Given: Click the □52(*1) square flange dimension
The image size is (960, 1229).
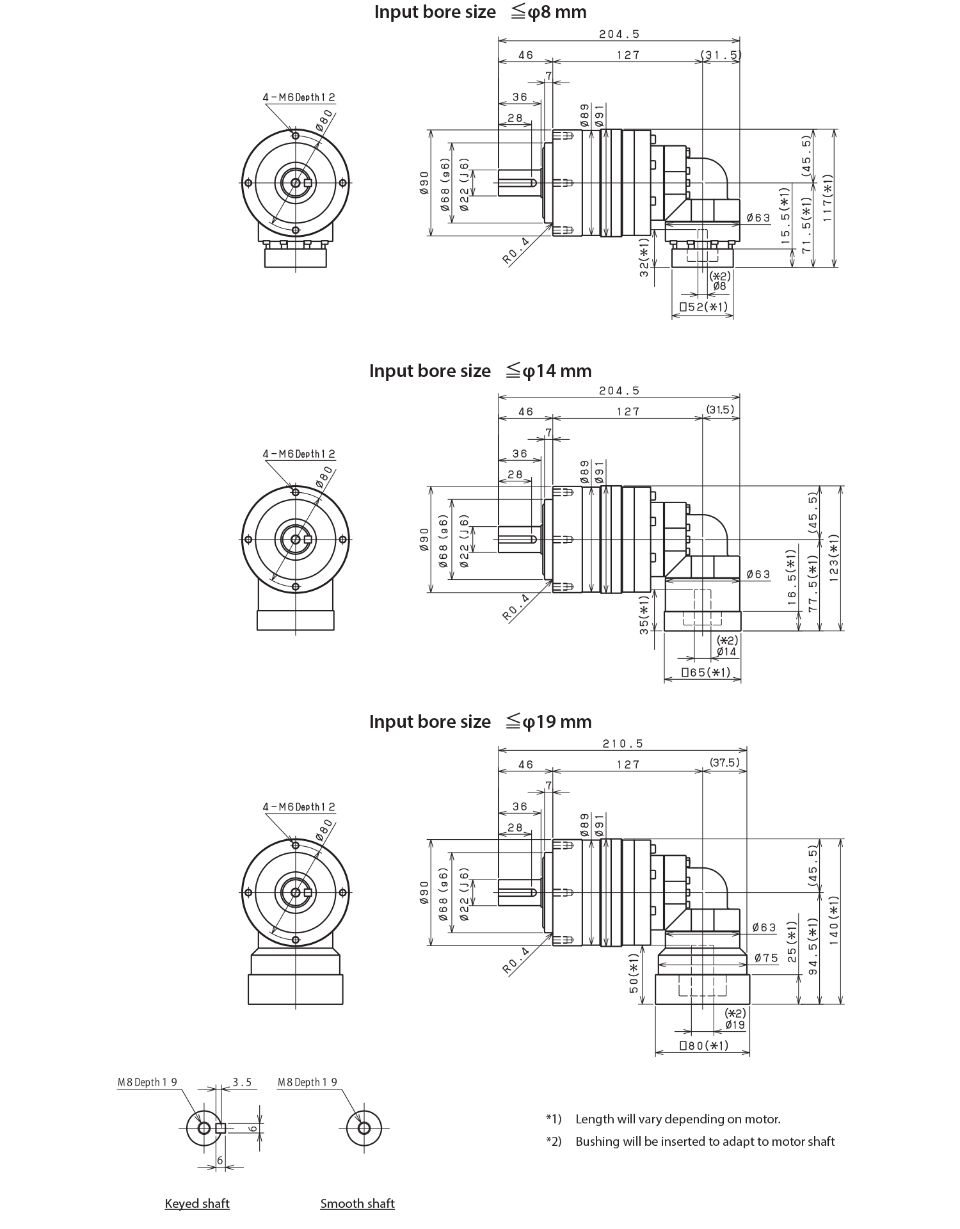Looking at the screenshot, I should (x=703, y=307).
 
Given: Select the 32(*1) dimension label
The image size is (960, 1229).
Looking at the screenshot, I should (x=644, y=259).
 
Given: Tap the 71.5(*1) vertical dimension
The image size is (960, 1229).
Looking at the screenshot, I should (x=807, y=226).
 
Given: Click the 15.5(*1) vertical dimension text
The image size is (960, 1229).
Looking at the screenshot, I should (x=785, y=213).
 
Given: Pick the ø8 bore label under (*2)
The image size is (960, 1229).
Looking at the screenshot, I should (x=720, y=286).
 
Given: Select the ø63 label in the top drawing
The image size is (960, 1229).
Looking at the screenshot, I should (x=758, y=218).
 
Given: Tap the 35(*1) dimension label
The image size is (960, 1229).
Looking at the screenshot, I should (x=644, y=638).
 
